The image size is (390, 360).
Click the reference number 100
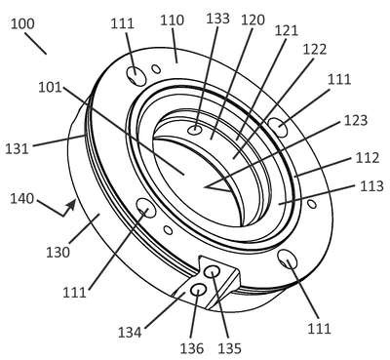[x=22, y=24]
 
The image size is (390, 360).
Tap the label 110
[x=173, y=20]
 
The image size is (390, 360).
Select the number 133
[x=218, y=19]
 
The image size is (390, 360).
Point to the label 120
[x=253, y=20]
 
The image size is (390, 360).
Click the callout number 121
[x=287, y=31]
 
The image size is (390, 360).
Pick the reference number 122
[x=315, y=50]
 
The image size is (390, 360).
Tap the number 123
[x=356, y=121]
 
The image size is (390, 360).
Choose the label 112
[x=368, y=158]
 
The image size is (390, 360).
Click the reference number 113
[x=371, y=186]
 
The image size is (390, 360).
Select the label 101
[x=50, y=88]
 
